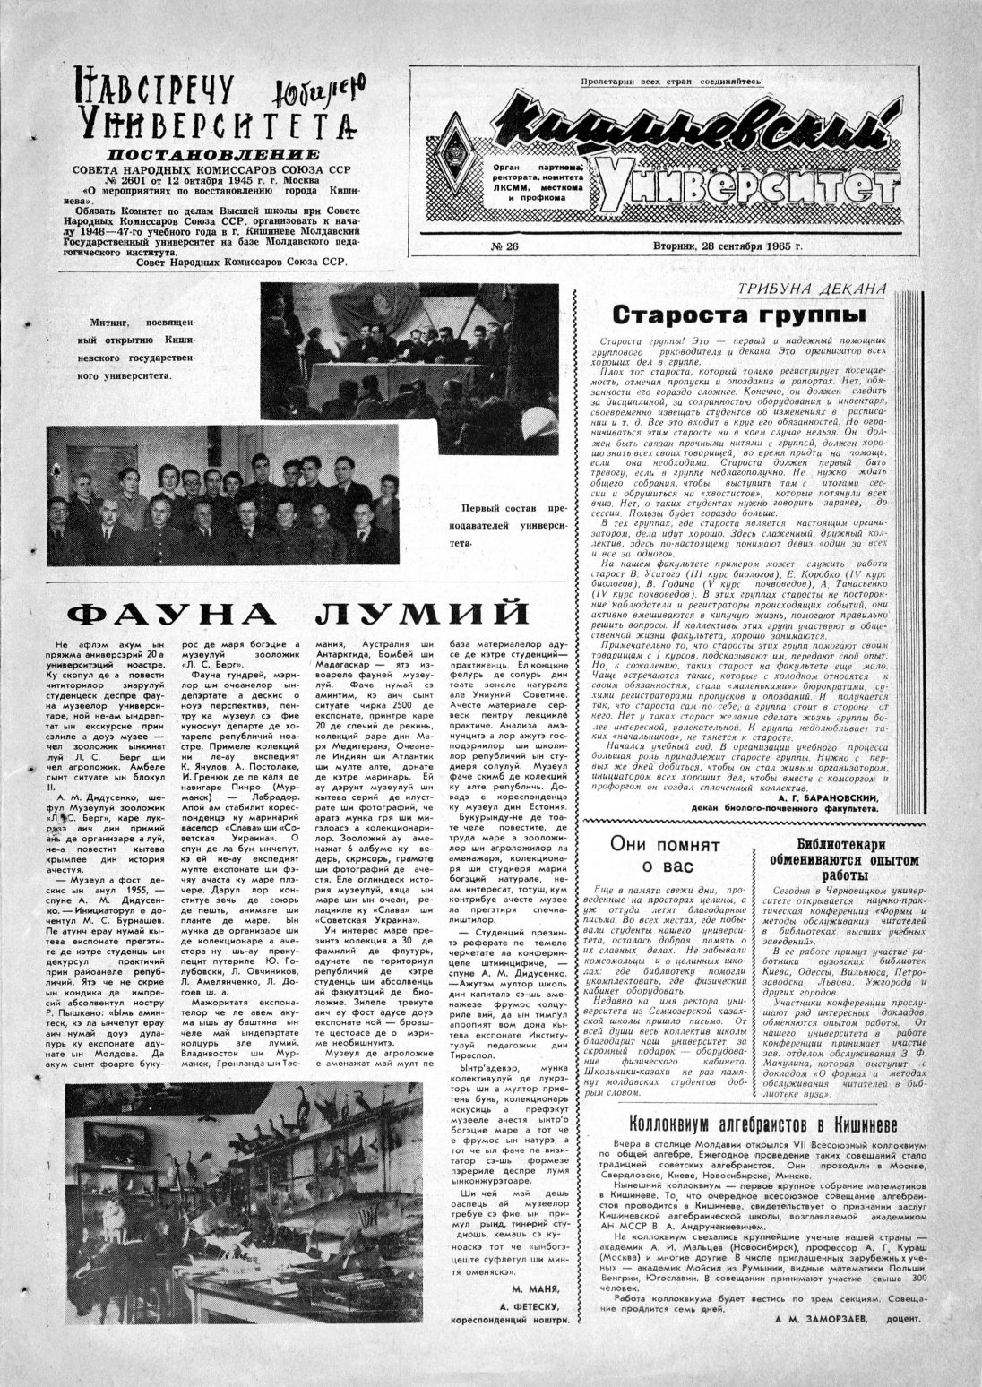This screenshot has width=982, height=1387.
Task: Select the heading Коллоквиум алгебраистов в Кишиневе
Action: click(762, 1125)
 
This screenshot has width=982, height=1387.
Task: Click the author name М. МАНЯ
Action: click(537, 1288)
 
